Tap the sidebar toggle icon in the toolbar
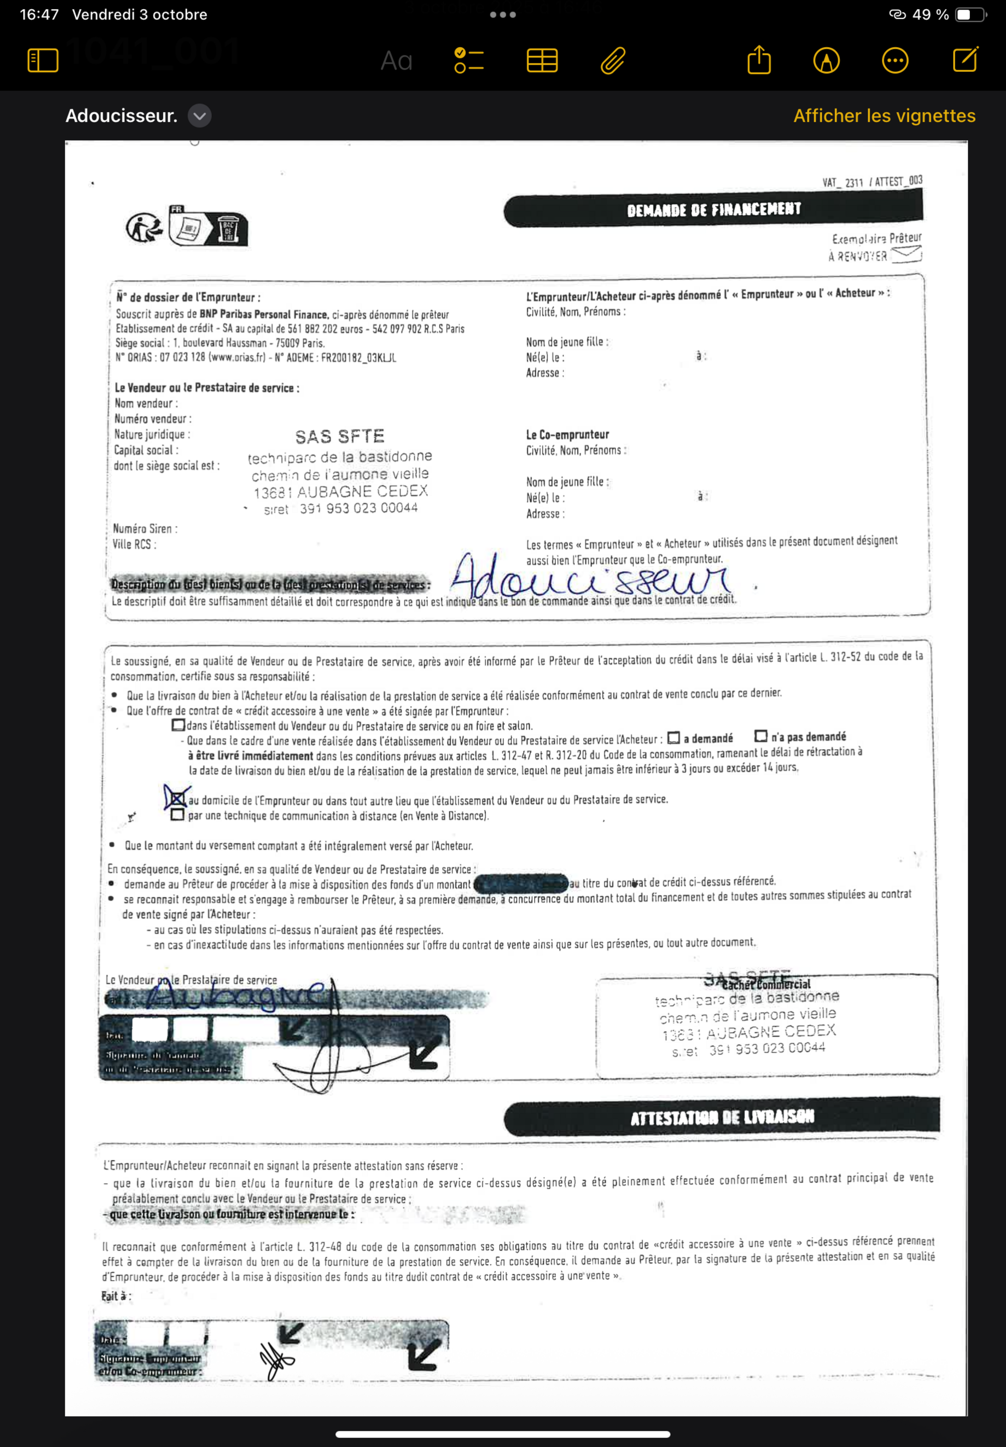[x=43, y=60]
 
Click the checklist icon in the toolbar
[x=469, y=60]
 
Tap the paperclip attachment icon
[x=613, y=60]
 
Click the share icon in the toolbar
[x=759, y=60]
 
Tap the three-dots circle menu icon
[x=895, y=60]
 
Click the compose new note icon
[x=965, y=60]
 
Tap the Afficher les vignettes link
[x=884, y=116]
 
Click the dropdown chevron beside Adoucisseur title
[x=199, y=116]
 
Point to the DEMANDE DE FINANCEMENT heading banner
[x=713, y=210]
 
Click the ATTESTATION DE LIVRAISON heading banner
[x=722, y=1117]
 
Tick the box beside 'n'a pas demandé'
[x=762, y=736]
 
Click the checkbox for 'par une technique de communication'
[x=178, y=815]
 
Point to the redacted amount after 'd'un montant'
[x=521, y=883]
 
